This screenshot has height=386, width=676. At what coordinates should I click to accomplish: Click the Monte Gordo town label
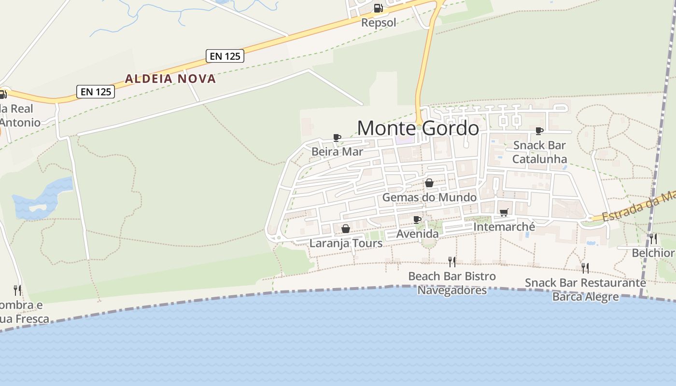click(418, 128)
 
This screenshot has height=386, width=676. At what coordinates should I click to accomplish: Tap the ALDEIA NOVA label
click(170, 79)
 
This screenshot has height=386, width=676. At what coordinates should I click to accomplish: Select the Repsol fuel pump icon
click(378, 8)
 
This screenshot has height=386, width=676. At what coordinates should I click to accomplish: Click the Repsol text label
click(379, 22)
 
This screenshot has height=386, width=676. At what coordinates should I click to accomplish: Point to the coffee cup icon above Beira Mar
click(337, 138)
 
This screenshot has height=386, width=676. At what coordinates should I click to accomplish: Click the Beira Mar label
click(337, 152)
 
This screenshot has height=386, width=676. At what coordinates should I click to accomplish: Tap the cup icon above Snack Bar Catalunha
click(539, 131)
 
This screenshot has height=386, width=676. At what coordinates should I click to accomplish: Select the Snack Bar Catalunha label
click(539, 152)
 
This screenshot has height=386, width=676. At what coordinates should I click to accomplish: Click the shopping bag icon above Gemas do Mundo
click(429, 183)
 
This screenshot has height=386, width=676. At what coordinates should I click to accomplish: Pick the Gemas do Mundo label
click(429, 197)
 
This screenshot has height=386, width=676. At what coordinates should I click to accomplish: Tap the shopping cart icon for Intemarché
click(504, 212)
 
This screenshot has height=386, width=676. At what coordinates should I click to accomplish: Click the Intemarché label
click(504, 227)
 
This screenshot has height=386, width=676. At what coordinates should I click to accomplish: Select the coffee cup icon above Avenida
click(417, 220)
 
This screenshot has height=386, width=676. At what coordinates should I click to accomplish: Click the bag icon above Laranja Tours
click(346, 229)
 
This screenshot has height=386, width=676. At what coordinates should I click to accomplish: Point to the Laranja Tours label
click(346, 243)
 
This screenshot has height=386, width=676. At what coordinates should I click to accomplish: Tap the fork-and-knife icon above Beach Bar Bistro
click(452, 262)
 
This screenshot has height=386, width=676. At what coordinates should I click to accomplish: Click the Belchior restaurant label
click(653, 253)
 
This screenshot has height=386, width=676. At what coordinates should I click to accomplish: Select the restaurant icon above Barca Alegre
click(585, 268)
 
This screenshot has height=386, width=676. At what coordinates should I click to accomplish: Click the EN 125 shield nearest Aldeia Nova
click(225, 56)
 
